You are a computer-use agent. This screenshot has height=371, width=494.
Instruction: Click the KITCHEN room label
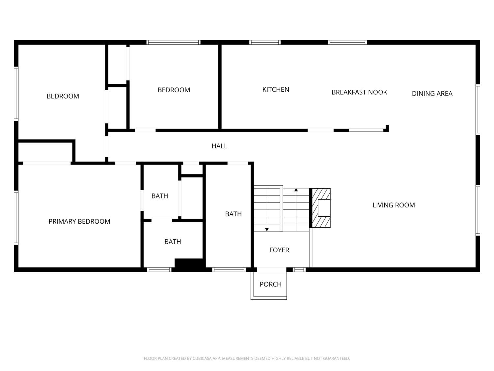coord(276,89)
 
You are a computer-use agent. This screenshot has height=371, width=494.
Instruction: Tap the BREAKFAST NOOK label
coord(359,92)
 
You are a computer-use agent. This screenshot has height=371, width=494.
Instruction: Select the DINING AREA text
coord(432,94)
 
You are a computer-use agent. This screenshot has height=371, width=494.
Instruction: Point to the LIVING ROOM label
coord(394,205)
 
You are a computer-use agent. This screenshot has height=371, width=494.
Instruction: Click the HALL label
coord(219,146)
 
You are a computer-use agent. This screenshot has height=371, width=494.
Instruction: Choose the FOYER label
coord(279,250)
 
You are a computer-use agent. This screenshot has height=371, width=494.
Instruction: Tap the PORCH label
coord(270,284)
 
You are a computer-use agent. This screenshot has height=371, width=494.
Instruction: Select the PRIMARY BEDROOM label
coord(79,222)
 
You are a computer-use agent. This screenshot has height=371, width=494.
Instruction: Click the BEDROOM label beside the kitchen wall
coord(174,90)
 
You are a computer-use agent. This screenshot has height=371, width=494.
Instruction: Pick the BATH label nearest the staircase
coord(233,214)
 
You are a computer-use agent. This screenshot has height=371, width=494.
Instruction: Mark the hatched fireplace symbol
coord(321,208)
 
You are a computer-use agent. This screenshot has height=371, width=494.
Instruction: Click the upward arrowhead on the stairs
coord(296,190)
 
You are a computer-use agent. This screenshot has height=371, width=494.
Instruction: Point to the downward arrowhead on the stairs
coord(267,229)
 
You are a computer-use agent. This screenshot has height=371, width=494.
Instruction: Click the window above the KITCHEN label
coord(265,42)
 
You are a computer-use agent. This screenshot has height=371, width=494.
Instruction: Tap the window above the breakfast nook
coord(347,42)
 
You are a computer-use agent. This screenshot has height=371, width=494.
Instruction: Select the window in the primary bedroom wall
coord(16,218)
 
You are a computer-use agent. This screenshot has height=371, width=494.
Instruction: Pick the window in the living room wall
coord(478,210)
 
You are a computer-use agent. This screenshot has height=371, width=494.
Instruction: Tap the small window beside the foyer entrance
coord(299,270)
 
